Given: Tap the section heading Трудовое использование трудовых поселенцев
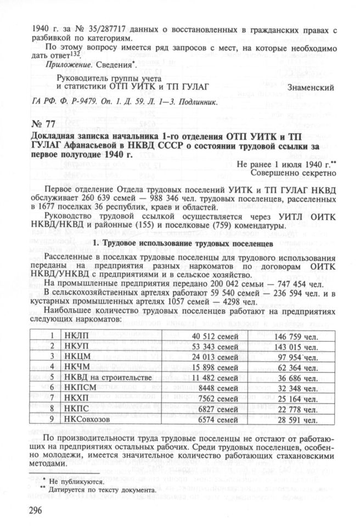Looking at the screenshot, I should click(x=182, y=242).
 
